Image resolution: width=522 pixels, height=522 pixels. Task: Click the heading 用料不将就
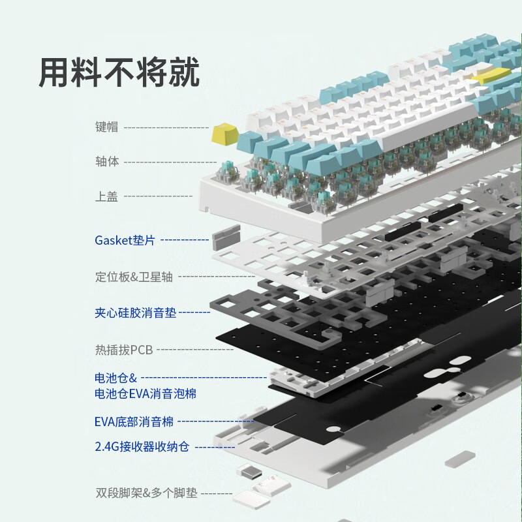pos(119,72)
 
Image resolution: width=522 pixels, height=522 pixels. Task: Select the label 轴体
pos(106,161)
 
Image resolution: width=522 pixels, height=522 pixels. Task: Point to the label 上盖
pos(106,196)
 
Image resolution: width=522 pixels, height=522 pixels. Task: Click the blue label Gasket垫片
pos(125,240)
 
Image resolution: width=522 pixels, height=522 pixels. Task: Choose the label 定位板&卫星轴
pos(134,277)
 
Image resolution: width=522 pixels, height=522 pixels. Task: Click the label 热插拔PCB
pos(123,350)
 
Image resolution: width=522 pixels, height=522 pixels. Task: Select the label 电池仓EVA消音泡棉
pos(145,393)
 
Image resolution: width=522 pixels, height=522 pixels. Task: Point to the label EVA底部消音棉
pos(134,422)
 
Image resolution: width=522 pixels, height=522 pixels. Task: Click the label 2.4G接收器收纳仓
pos(142,447)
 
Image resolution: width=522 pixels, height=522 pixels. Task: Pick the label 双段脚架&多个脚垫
pos(146,493)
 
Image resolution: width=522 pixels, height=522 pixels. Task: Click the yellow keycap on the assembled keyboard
pos(491,76)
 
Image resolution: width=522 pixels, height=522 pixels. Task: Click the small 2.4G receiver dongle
pos(247,472)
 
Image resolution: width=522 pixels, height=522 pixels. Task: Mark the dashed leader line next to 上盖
pos(158,196)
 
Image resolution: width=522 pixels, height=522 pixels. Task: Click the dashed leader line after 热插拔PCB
pos(194,350)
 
